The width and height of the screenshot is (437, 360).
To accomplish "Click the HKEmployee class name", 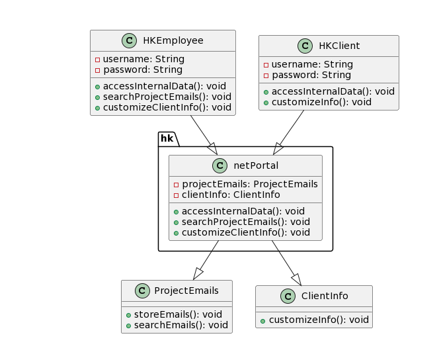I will click(x=173, y=40).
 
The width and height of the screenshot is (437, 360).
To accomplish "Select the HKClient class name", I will click(x=338, y=46).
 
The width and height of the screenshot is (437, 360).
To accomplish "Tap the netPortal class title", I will click(x=255, y=166).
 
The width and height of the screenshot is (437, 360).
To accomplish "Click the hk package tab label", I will click(x=167, y=138).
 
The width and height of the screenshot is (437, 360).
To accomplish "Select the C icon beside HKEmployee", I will click(x=130, y=40).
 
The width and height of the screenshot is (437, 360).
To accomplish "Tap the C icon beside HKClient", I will click(x=305, y=46).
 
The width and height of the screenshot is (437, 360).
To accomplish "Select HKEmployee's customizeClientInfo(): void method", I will click(x=167, y=107).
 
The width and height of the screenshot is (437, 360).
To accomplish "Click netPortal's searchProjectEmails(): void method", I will click(x=245, y=222).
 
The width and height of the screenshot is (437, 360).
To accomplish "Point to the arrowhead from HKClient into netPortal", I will click(x=278, y=150).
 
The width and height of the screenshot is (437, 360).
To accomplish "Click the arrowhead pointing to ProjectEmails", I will click(x=198, y=273).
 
